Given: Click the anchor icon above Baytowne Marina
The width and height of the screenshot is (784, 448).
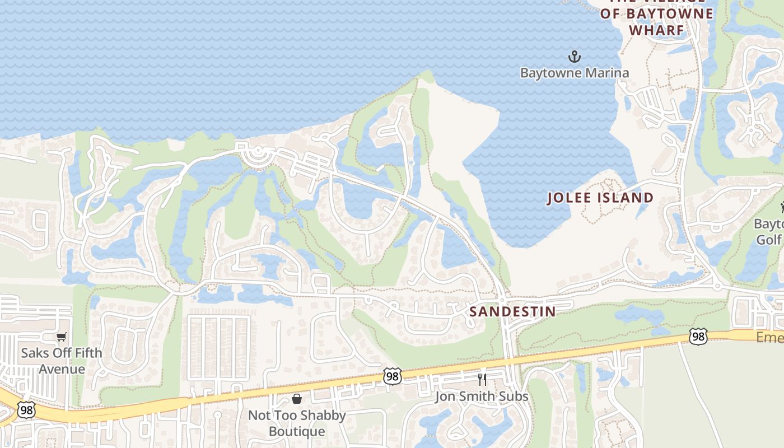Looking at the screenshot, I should tap(574, 57).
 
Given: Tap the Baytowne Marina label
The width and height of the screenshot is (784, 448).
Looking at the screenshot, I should tap(574, 73).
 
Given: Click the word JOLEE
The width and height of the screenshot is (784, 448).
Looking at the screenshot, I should tap(576, 198).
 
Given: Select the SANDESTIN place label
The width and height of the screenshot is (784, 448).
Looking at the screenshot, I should tap(512, 311).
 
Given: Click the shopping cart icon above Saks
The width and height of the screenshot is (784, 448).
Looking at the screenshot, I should tap(61, 337).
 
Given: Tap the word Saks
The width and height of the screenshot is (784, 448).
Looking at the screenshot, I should tap(35, 353).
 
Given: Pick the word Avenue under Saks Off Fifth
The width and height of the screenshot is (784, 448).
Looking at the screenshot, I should tap(62, 369).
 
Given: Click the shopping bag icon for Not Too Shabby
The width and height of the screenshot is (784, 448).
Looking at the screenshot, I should tap(297, 399).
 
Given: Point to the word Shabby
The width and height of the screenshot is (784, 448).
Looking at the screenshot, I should tap(321, 416).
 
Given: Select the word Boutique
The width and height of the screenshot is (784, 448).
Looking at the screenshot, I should tap(297, 432).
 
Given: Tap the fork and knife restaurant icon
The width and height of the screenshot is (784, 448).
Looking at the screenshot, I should tap(482, 380).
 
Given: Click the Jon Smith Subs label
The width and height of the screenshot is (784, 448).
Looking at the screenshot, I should tap(482, 396).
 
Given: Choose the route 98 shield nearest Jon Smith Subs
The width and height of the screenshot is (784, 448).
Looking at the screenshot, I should tap(393, 376).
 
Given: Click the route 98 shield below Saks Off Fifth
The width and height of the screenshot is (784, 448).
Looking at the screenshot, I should tap(26, 410).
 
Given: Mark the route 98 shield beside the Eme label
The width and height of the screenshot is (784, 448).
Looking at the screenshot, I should tap(698, 337).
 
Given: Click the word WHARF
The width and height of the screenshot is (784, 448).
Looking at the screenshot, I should tap(656, 30).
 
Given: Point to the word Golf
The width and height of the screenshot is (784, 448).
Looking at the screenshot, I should tap(768, 240).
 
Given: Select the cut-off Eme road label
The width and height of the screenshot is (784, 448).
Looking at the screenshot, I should tap(769, 337).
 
